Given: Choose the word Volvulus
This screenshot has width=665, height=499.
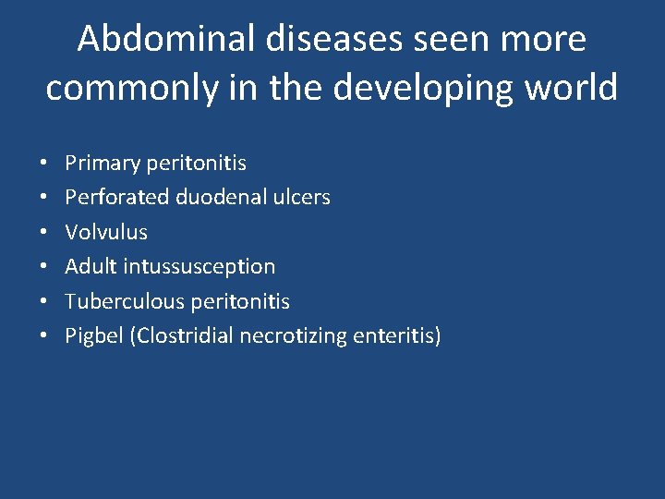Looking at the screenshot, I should click(x=105, y=232).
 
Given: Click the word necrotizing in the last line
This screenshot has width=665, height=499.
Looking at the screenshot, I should click(x=293, y=336).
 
